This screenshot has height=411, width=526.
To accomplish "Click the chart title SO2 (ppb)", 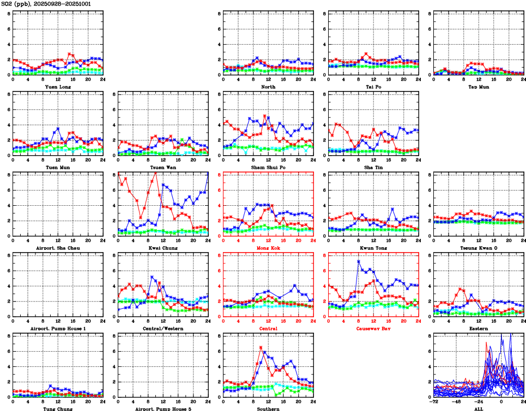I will click(16, 4).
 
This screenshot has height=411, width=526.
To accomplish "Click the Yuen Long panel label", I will click(58, 87).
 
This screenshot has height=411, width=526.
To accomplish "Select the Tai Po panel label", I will click(373, 87).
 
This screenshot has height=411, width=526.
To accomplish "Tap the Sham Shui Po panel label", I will click(268, 167).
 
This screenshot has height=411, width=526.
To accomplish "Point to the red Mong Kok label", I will click(268, 248).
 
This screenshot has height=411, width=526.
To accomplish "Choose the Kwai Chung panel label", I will click(163, 248).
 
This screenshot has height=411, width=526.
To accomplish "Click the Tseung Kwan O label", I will click(479, 248).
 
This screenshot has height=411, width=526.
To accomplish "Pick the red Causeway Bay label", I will click(373, 328).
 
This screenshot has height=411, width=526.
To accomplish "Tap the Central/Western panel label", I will click(163, 328).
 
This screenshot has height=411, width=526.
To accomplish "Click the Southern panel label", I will click(268, 408).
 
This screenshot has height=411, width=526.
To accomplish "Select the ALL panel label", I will click(479, 408).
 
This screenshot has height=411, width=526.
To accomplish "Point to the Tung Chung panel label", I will click(58, 408).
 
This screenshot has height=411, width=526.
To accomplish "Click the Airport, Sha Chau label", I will click(58, 248).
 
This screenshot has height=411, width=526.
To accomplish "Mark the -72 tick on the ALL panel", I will click(434, 401).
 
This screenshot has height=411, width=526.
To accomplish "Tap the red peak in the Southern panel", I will click(261, 347).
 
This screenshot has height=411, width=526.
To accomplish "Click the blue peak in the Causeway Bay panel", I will click(358, 261).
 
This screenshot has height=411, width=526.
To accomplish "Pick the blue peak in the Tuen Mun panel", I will click(58, 128).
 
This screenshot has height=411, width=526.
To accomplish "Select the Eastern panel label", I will click(479, 328).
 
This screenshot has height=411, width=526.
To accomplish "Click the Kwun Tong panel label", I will click(373, 248).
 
